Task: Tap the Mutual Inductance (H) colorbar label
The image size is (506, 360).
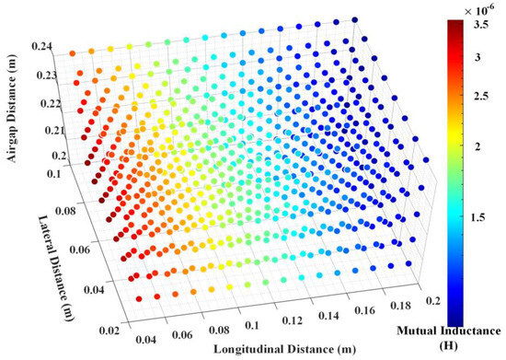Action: pos(450,336)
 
